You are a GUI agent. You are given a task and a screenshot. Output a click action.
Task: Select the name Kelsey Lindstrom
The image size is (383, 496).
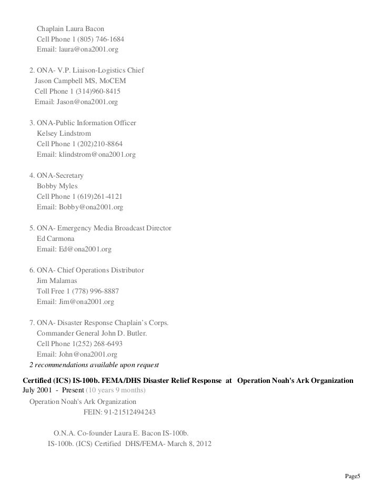pyautogui.click(x=64, y=134)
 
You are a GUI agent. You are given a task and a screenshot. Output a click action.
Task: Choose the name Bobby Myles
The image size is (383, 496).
pyautogui.click(x=57, y=186)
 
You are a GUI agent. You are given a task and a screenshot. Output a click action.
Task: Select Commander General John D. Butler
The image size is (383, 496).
pyautogui.click(x=91, y=333)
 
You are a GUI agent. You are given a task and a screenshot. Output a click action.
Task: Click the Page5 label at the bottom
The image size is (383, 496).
pyautogui.click(x=352, y=477)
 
